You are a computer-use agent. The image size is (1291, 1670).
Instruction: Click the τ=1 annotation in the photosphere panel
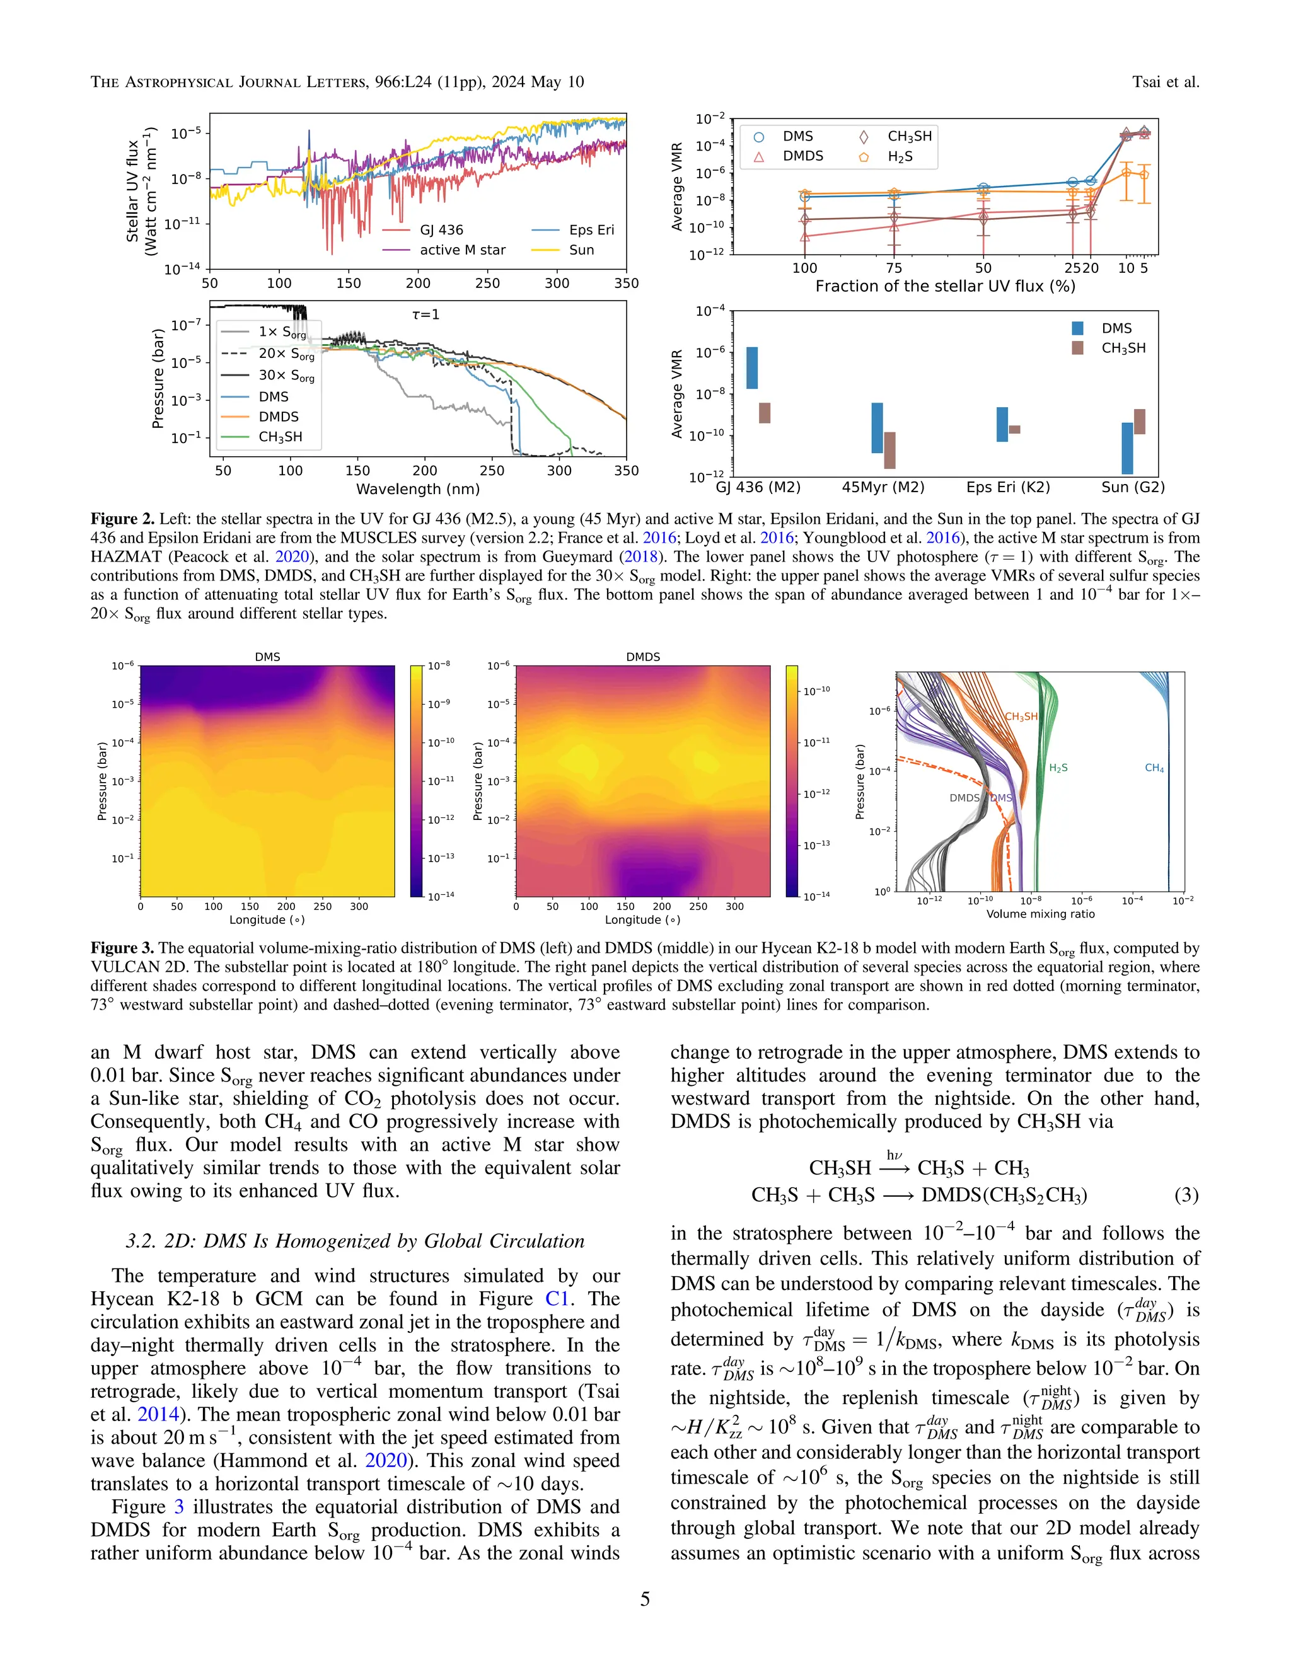point(426,314)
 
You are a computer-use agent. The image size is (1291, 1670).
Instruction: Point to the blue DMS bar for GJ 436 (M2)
point(752,368)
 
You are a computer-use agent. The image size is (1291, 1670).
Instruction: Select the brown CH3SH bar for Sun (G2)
point(1140,422)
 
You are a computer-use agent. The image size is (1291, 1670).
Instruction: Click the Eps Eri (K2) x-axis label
point(1008,488)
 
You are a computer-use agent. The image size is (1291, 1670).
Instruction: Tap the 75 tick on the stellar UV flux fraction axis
point(894,268)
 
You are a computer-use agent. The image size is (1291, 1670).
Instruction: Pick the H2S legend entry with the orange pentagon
point(900,157)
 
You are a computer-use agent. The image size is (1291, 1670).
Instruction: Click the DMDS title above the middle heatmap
point(642,657)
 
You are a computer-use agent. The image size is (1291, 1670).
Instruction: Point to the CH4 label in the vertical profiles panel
point(1154,768)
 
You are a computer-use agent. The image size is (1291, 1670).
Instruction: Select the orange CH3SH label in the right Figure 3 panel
point(1021,717)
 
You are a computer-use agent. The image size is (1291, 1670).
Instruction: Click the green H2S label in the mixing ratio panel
point(1058,768)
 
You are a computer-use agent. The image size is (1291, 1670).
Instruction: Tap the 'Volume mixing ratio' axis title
point(1040,914)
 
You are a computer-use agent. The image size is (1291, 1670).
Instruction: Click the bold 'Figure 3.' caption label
point(122,948)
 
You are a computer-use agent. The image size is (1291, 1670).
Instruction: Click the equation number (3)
point(1186,1194)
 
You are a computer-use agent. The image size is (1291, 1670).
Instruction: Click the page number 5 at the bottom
point(645,1599)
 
